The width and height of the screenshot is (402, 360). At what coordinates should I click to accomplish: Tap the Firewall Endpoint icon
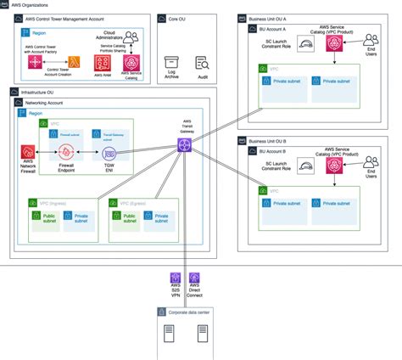64,152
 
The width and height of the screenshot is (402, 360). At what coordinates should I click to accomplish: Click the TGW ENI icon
109,154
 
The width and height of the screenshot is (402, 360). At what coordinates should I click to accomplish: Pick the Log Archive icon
171,63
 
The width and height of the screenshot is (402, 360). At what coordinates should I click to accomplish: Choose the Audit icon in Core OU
203,63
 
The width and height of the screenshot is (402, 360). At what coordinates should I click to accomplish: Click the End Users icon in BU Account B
371,160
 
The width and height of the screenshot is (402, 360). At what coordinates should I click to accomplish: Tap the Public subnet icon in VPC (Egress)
126,216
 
